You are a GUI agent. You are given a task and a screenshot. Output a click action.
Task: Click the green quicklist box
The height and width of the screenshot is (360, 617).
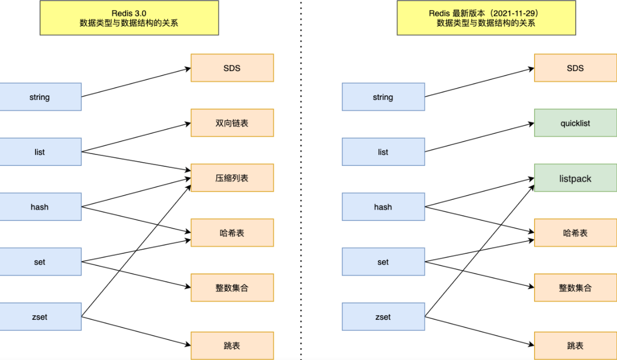point(575,123)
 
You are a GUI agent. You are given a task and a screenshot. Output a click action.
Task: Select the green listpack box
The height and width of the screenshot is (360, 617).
point(575,178)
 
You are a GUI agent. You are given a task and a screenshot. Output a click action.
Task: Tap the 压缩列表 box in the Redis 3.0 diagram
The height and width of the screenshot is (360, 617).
point(232,178)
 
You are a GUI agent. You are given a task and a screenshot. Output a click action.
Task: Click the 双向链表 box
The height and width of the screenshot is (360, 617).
point(232,123)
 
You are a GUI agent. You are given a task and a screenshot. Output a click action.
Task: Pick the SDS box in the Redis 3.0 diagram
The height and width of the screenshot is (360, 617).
point(232,68)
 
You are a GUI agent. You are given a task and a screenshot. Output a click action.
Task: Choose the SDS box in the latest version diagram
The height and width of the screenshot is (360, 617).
point(575,68)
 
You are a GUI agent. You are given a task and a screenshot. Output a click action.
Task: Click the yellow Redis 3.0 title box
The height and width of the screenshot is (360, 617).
point(129,18)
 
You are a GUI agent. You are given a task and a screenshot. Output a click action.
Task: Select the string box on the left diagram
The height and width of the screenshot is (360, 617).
point(40,97)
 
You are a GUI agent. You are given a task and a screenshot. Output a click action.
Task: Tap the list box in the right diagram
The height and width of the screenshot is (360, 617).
point(383,152)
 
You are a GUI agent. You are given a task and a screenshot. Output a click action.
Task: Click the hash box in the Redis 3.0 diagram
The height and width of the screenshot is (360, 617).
point(40,207)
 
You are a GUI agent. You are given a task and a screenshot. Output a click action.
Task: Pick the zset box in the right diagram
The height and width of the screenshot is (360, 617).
point(383,317)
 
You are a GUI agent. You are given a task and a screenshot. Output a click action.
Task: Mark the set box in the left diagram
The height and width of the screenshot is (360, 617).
point(40,262)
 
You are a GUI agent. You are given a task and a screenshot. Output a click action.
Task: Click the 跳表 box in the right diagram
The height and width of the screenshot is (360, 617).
point(575,346)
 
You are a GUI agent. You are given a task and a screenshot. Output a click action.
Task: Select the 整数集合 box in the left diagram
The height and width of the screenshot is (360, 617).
point(232,287)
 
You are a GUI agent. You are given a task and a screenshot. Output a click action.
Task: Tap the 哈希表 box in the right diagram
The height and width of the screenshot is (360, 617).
point(575,233)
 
